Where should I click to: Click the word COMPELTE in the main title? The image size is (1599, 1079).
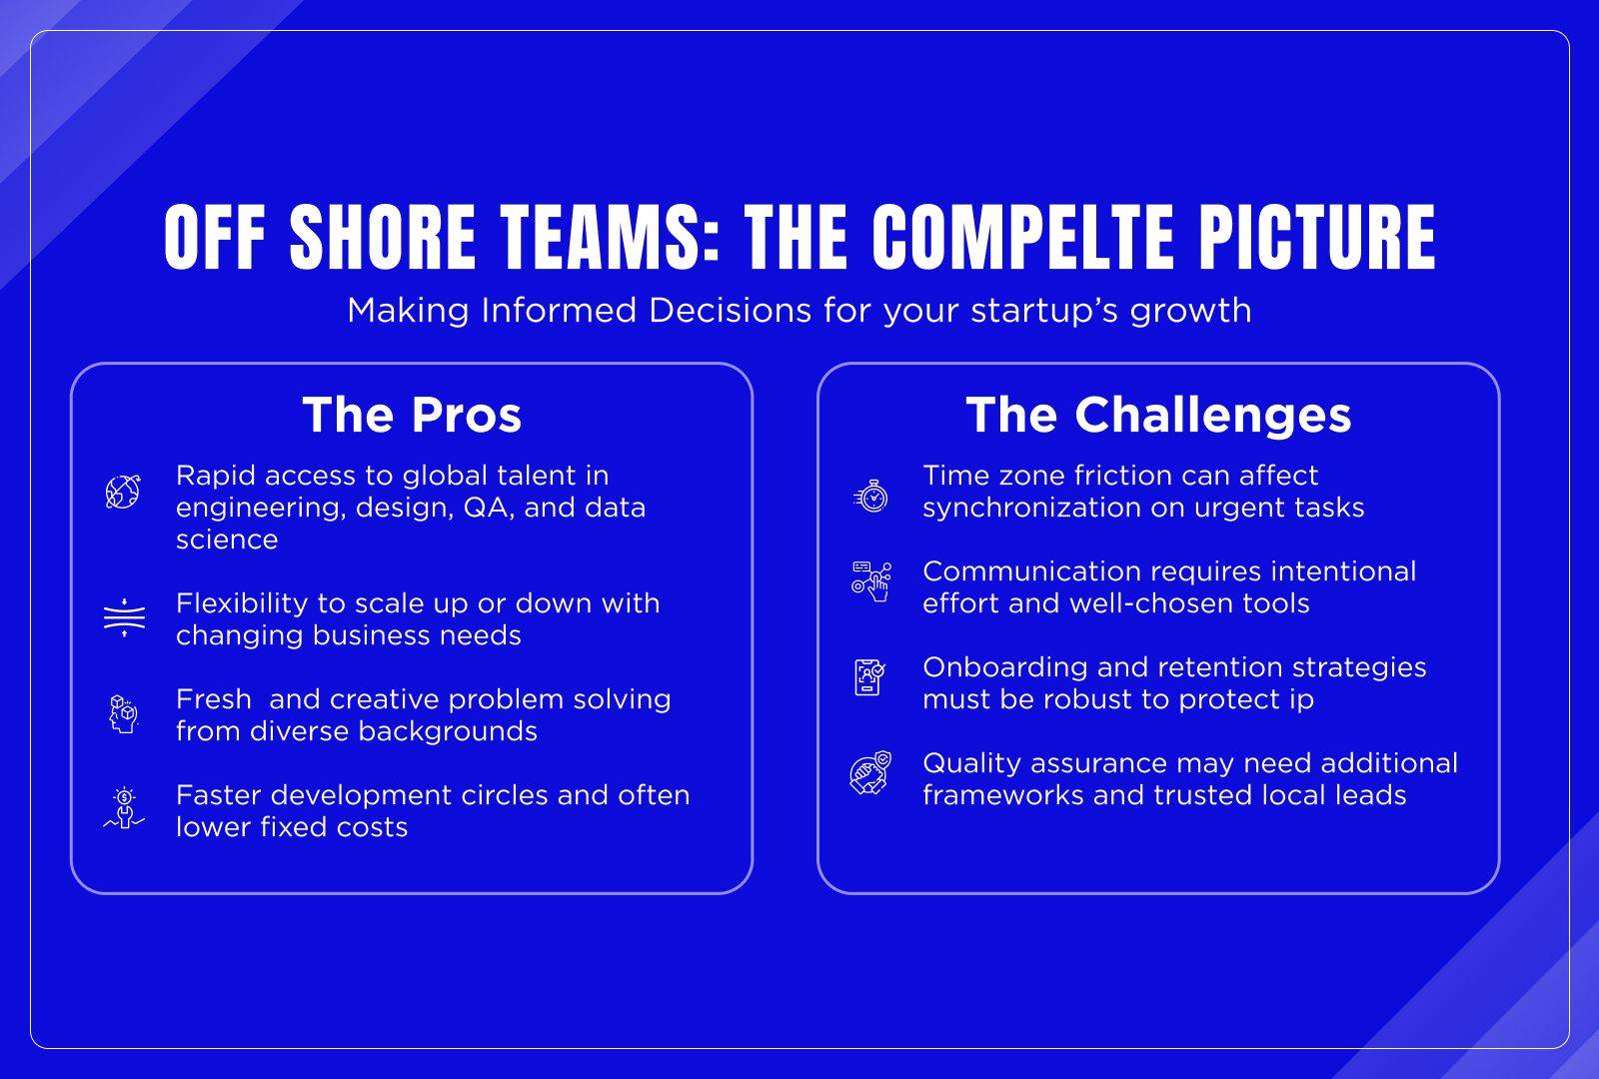(1022, 237)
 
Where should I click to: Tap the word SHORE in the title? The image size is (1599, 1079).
(383, 237)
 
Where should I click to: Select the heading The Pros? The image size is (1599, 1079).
(412, 415)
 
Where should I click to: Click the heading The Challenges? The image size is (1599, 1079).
(1158, 416)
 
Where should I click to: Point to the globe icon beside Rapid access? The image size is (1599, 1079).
(124, 492)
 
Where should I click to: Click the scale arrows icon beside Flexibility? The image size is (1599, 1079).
(124, 618)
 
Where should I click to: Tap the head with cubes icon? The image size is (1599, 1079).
(124, 714)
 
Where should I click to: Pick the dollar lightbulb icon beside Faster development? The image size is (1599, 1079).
(124, 809)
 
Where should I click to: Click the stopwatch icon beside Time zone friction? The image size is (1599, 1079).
(870, 496)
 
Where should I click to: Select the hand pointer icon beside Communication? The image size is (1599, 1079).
(871, 581)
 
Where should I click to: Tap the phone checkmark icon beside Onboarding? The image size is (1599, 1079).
(869, 677)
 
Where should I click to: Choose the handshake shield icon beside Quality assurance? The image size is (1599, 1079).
(870, 773)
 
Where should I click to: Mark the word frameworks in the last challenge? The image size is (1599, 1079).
(1003, 795)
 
